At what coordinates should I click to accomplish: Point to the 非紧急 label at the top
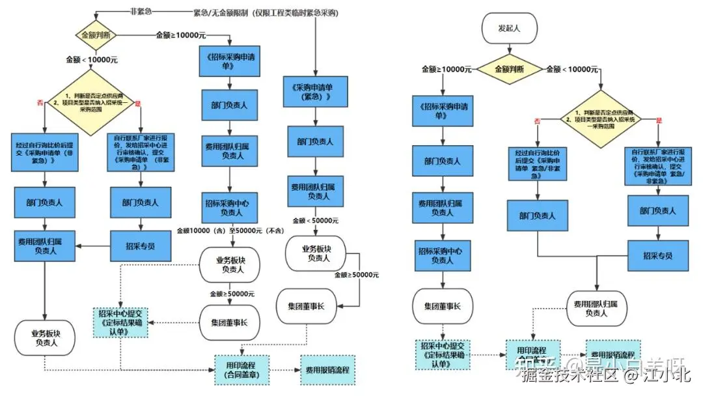[x=141, y=12]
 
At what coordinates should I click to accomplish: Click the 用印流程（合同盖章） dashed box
[x=241, y=369]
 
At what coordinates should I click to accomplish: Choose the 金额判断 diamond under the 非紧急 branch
[x=96, y=34]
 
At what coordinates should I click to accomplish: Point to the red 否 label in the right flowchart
[x=537, y=121]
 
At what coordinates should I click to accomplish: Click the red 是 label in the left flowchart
[x=137, y=104]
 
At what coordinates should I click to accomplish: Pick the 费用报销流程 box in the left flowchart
[x=327, y=369]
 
